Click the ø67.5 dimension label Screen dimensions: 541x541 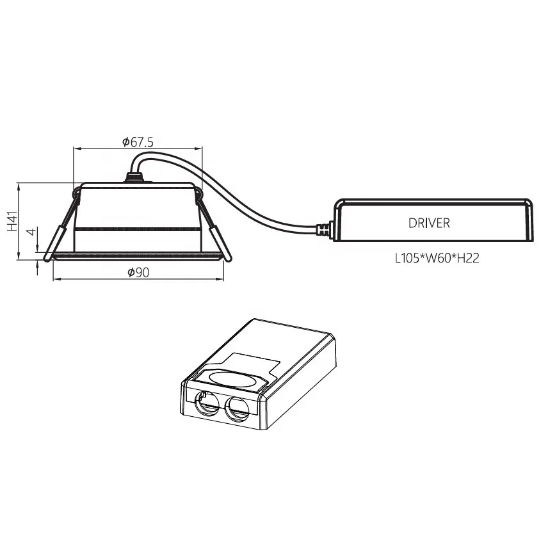coord(138,141)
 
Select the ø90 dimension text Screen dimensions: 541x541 coord(138,273)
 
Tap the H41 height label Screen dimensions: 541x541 coord(12,222)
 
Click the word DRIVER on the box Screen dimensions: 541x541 coord(429,223)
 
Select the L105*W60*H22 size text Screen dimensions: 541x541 coord(437,259)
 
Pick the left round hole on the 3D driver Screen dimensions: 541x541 coord(206,405)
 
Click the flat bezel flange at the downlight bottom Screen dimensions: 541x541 coord(138,256)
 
